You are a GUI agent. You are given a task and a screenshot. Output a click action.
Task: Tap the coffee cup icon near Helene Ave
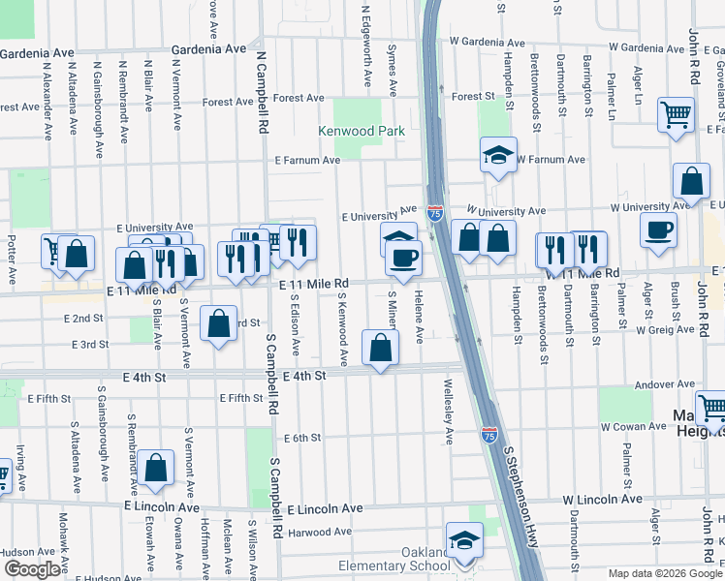(x=403, y=258)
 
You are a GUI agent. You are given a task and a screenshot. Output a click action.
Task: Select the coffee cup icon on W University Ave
(x=658, y=230)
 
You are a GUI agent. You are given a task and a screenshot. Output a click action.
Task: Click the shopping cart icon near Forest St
(x=676, y=115)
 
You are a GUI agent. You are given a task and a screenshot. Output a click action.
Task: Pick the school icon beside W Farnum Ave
(x=497, y=154)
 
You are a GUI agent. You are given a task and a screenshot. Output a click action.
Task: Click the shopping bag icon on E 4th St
(x=381, y=347)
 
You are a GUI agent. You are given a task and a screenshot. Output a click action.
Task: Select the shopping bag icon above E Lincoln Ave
(x=155, y=468)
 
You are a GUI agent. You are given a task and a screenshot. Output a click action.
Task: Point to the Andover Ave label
(x=658, y=384)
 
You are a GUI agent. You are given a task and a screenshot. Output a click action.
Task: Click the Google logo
(x=32, y=568)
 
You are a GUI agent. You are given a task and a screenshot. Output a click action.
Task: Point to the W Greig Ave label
(x=665, y=329)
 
